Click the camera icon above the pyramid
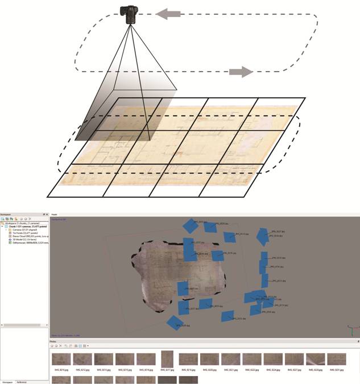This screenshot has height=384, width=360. pyautogui.click(x=130, y=14)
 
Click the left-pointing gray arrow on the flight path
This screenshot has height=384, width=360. pyautogui.click(x=168, y=14)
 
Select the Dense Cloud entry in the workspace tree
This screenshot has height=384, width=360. pyautogui.click(x=23, y=236)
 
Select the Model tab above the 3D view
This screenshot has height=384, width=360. pyautogui.click(x=55, y=214)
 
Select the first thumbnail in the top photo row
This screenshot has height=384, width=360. pyautogui.click(x=61, y=359)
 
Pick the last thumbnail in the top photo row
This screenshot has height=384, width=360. pyautogui.click(x=337, y=359)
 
